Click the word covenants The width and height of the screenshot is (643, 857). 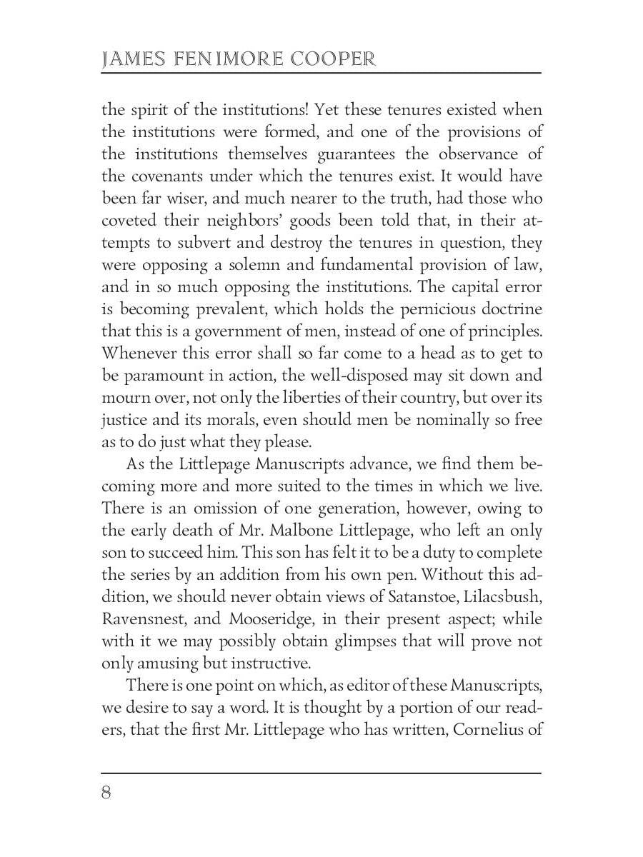pyautogui.click(x=166, y=176)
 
